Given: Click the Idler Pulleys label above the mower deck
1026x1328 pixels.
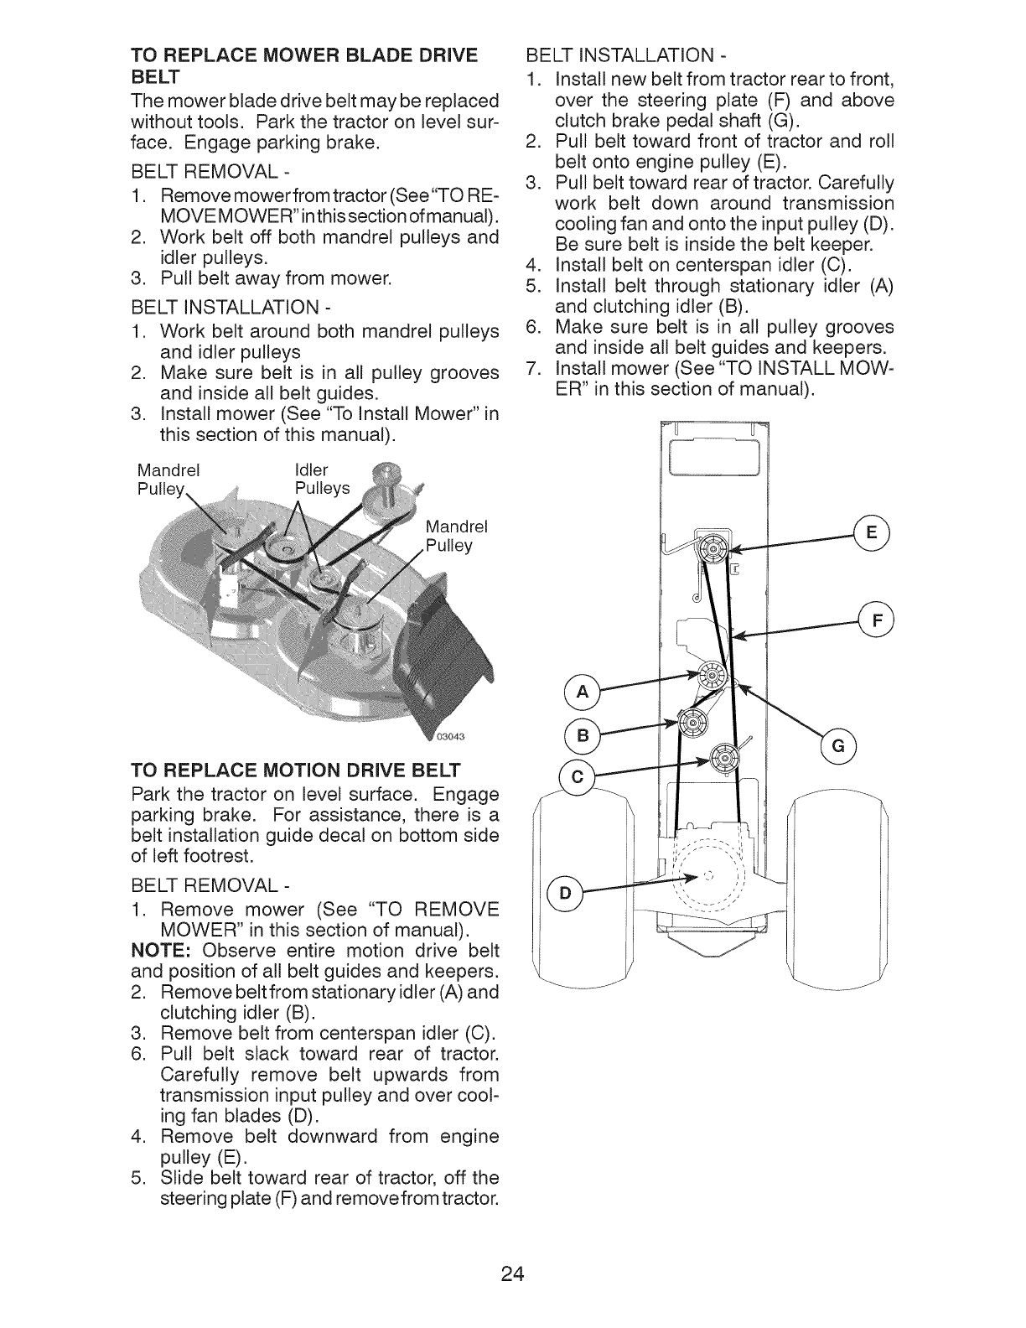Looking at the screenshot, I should [322, 479].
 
